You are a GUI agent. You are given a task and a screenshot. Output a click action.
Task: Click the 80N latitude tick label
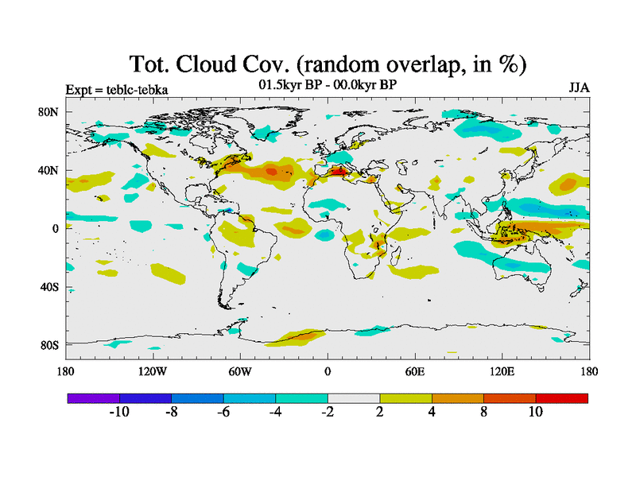pos(48,112)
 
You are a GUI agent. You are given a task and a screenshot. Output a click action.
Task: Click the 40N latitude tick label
pos(48,170)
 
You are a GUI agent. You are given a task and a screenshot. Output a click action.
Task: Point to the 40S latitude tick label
pos(48,287)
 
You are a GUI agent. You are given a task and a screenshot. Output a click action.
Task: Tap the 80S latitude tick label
pos(48,345)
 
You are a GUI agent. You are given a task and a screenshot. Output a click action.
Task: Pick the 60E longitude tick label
pos(414,371)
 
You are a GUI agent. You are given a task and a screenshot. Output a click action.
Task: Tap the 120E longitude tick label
pos(502,371)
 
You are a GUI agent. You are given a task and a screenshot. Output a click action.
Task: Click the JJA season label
pos(578,87)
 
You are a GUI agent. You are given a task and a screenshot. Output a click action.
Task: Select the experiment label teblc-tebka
pos(134,88)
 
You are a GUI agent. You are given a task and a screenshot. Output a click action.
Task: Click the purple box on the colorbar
pos(93,397)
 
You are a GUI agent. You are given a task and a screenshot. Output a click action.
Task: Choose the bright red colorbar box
pos(561,397)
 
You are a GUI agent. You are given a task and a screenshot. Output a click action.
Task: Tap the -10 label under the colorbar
pos(118,412)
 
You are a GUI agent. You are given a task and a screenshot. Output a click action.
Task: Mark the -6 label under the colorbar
pos(223,412)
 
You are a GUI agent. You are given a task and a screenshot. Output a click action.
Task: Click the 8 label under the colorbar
pos(483,412)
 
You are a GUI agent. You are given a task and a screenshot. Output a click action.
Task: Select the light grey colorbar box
pos(354,397)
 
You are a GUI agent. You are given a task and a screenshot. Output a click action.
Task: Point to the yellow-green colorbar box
pos(405,397)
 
